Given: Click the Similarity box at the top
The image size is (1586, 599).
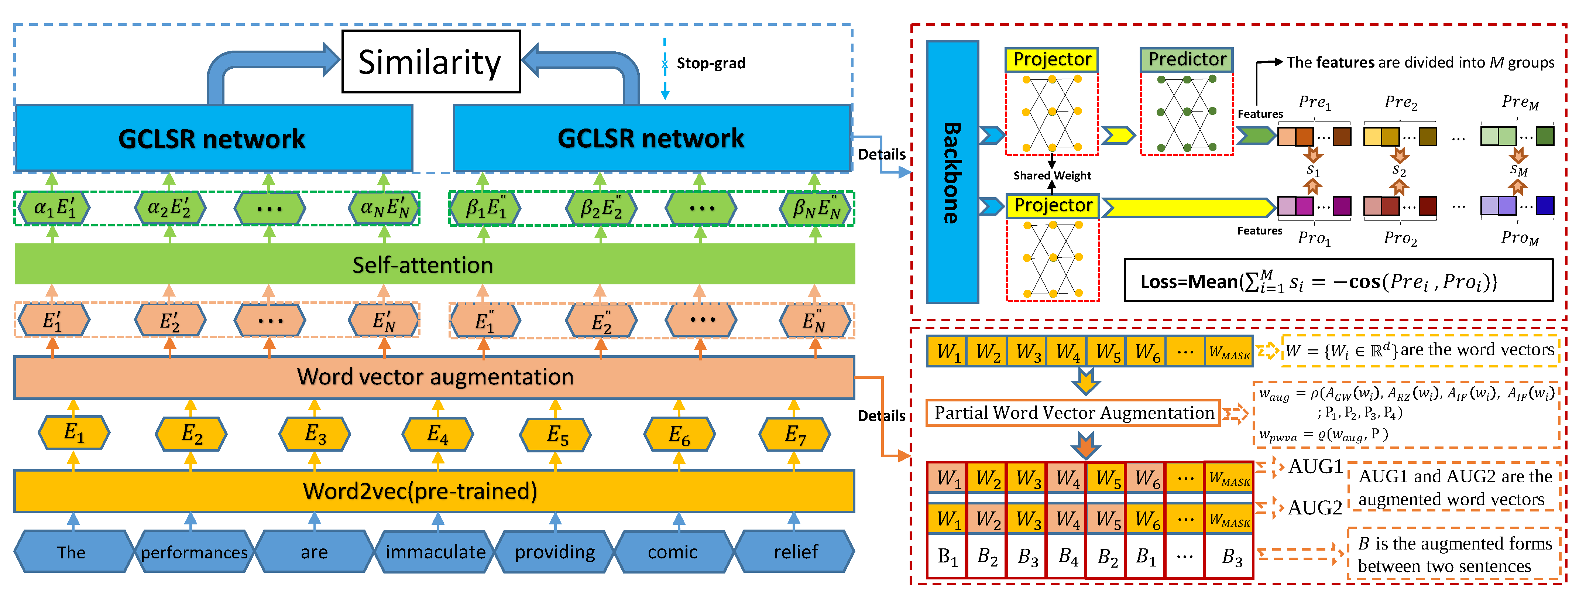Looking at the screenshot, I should pos(431,62).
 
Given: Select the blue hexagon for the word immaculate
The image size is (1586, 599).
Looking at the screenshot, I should pos(435,552).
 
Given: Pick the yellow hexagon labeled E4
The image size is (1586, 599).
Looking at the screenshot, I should pos(438,434).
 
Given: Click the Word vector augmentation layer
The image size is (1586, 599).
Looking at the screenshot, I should pos(434,377).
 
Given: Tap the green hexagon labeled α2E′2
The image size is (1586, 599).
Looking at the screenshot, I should pos(169,208).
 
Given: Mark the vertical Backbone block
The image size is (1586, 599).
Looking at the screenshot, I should pos(952,172).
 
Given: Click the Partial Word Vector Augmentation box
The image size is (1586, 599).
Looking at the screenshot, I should pos(1073,413).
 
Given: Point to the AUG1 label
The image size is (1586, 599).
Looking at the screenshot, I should pos(1315,467).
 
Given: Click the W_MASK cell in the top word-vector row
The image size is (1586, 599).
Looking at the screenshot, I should pos(1229,352).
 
